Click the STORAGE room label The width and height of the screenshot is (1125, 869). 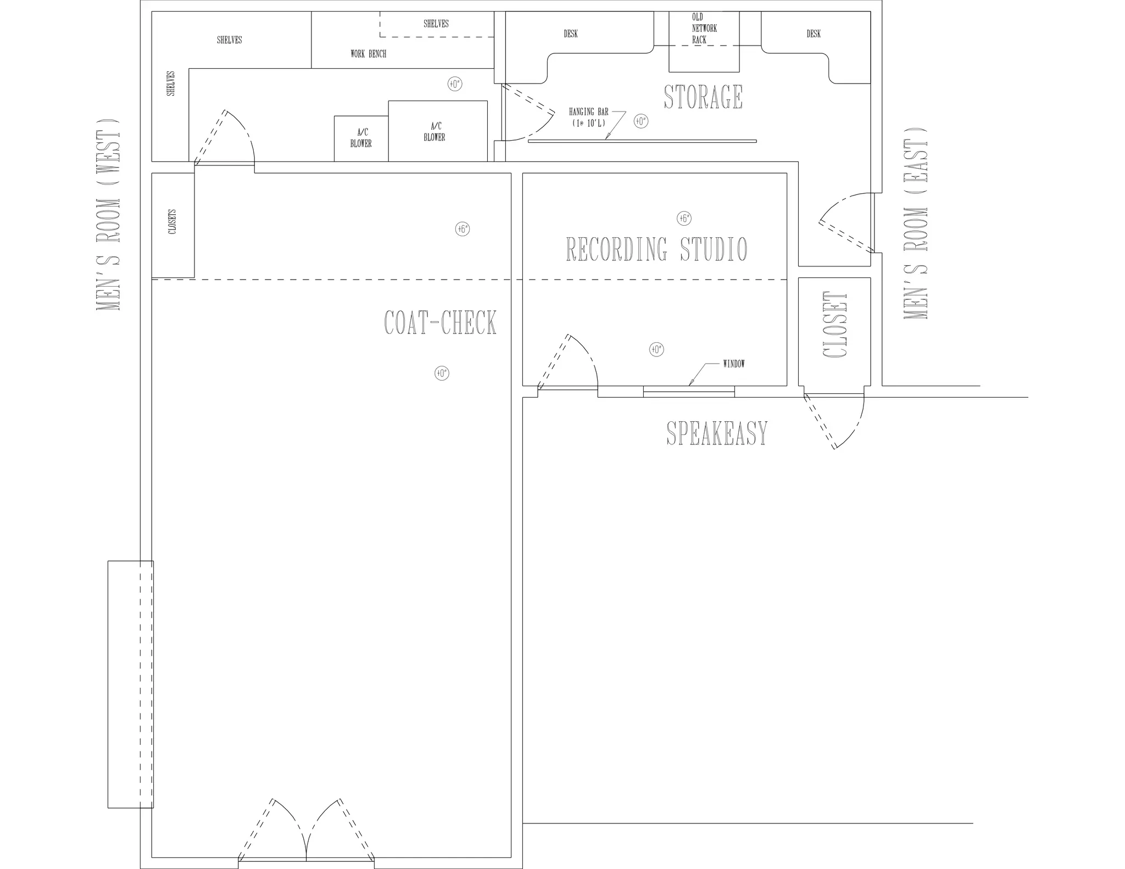pos(703,97)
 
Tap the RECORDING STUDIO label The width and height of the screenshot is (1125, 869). pos(656,249)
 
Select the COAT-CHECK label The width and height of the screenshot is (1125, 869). pos(440,322)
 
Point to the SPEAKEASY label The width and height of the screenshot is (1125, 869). pos(717,433)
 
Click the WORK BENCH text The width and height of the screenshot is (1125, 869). pos(368,54)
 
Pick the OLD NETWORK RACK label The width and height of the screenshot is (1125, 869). pos(704,29)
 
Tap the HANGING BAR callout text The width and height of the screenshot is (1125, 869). pos(589,118)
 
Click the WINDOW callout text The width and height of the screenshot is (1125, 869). pos(734,364)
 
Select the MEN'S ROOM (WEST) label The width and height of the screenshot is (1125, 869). pos(108,215)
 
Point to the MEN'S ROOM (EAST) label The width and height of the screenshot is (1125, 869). pos(915,223)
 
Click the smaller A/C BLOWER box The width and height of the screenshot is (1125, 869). pos(361,138)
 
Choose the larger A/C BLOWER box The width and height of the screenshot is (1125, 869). pos(438,131)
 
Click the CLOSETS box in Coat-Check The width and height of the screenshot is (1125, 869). pos(173,225)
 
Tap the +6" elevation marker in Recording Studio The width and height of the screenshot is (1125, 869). pos(684,219)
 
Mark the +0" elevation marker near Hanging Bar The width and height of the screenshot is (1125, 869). pos(641,121)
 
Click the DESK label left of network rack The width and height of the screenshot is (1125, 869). pos(571,34)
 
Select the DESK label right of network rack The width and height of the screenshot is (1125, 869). pos(814,34)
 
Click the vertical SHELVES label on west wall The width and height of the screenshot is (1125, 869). pos(171,83)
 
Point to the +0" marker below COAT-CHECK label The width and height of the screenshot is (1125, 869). pos(442,374)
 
